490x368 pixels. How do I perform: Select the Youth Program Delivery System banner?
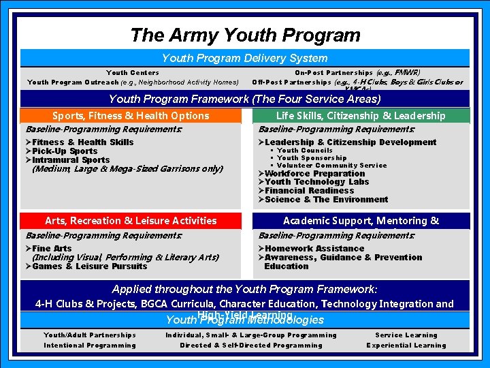click(244, 59)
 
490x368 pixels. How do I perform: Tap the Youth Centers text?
click(133, 73)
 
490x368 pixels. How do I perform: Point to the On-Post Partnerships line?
click(357, 73)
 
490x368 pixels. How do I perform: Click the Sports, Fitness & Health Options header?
click(131, 116)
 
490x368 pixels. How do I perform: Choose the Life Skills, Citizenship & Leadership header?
click(361, 116)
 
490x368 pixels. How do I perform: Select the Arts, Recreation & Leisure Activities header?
click(131, 221)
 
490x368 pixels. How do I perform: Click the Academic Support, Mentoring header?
click(361, 221)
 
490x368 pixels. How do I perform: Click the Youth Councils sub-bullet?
click(304, 151)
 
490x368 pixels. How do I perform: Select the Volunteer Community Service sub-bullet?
click(331, 166)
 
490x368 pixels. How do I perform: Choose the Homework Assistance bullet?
click(311, 249)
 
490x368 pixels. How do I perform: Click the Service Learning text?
click(406, 335)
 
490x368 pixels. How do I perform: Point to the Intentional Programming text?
click(90, 346)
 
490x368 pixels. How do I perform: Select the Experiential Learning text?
click(406, 346)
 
